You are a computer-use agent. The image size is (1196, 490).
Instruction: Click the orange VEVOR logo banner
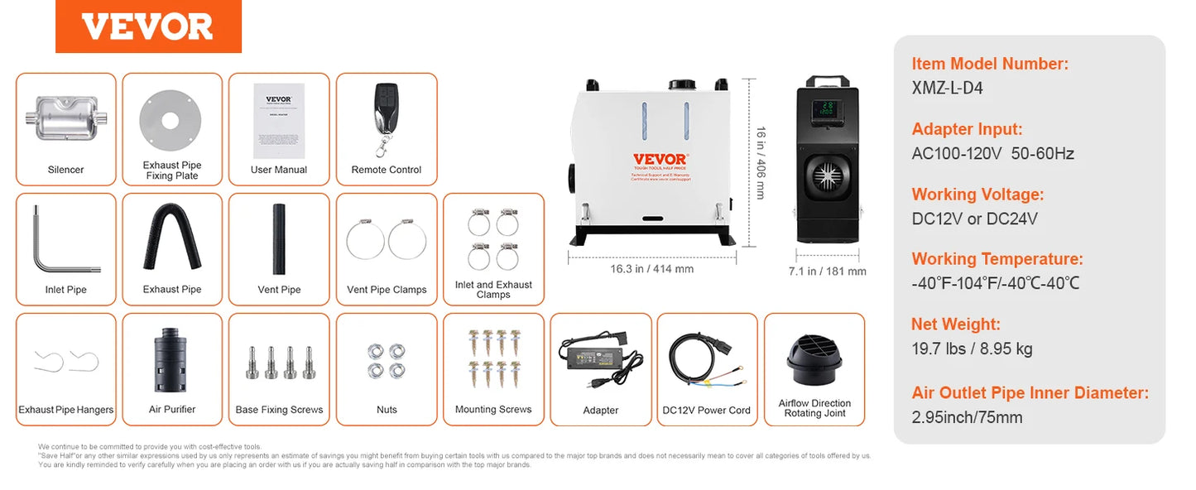point(148,26)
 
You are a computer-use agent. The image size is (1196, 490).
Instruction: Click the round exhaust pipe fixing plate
point(171,120)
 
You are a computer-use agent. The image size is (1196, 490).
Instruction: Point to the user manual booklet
point(279,120)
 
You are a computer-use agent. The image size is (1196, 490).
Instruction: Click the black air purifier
point(172,358)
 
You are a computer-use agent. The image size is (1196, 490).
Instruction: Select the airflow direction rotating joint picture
point(814,358)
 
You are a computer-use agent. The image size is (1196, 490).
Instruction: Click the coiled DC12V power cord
point(706,360)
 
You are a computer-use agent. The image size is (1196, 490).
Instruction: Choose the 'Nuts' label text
point(387,410)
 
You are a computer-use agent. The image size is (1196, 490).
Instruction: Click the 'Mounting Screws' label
point(493,410)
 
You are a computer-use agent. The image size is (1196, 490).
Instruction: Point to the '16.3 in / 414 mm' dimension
point(651,269)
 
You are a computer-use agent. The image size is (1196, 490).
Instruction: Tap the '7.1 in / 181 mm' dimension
point(827,271)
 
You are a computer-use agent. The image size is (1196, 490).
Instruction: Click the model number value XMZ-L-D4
point(947,88)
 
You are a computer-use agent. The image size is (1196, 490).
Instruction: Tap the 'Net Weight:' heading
point(956,324)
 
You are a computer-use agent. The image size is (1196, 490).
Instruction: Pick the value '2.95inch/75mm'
point(967,417)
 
